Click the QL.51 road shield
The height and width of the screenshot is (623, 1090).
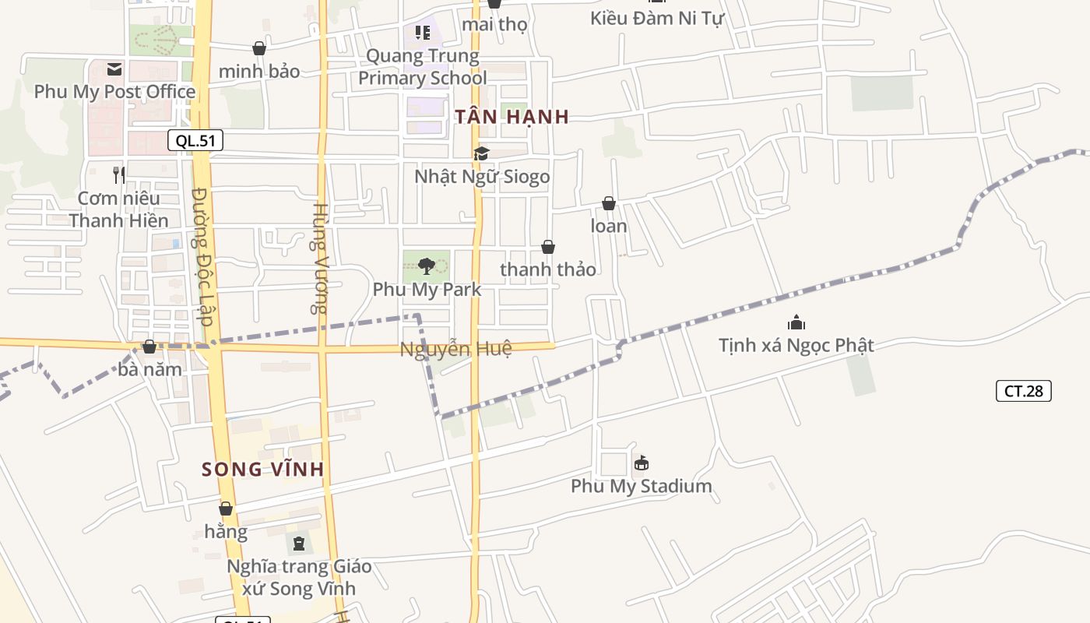click(x=195, y=140)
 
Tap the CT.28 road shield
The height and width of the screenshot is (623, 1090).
click(x=1023, y=391)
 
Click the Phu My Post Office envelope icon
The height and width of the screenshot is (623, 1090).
click(x=114, y=69)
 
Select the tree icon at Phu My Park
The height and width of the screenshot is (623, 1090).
click(x=426, y=267)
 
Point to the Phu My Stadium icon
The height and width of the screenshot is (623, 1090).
click(x=641, y=463)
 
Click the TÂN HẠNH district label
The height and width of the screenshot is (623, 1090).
click(x=512, y=117)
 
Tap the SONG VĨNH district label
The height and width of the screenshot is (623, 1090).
click(x=262, y=470)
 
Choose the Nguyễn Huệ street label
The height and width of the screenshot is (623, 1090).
click(x=455, y=349)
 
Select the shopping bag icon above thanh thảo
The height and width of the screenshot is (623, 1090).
click(x=548, y=248)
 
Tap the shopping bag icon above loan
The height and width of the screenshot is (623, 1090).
click(x=609, y=204)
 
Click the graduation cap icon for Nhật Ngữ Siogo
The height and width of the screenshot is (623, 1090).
click(x=481, y=154)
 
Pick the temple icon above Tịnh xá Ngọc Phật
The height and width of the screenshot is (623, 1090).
click(x=796, y=322)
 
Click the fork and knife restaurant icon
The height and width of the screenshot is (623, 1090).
click(x=118, y=175)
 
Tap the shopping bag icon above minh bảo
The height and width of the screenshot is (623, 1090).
click(x=259, y=49)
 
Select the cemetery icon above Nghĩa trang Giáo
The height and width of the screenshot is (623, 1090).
click(x=299, y=544)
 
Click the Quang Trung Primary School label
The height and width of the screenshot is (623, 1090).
click(x=423, y=67)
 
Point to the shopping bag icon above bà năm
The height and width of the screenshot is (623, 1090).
click(x=149, y=347)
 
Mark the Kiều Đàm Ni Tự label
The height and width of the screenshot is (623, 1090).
click(x=656, y=18)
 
